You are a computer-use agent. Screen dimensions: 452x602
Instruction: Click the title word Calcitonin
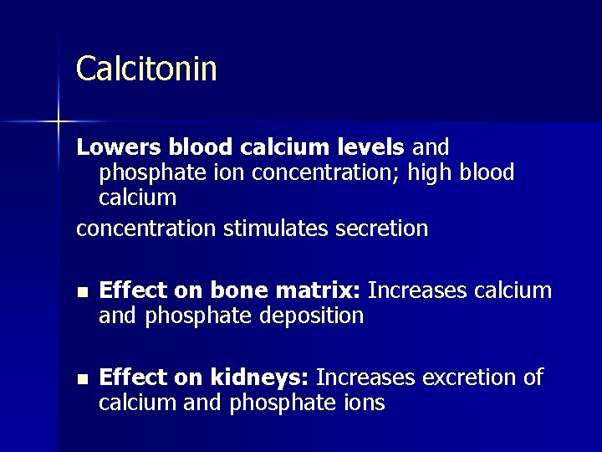click(146, 69)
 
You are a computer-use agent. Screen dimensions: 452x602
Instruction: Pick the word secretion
click(386, 228)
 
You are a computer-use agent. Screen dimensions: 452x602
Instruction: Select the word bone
click(234, 291)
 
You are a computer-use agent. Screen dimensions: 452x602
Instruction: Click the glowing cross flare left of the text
click(59, 122)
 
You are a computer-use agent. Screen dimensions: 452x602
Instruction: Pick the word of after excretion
click(533, 378)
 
